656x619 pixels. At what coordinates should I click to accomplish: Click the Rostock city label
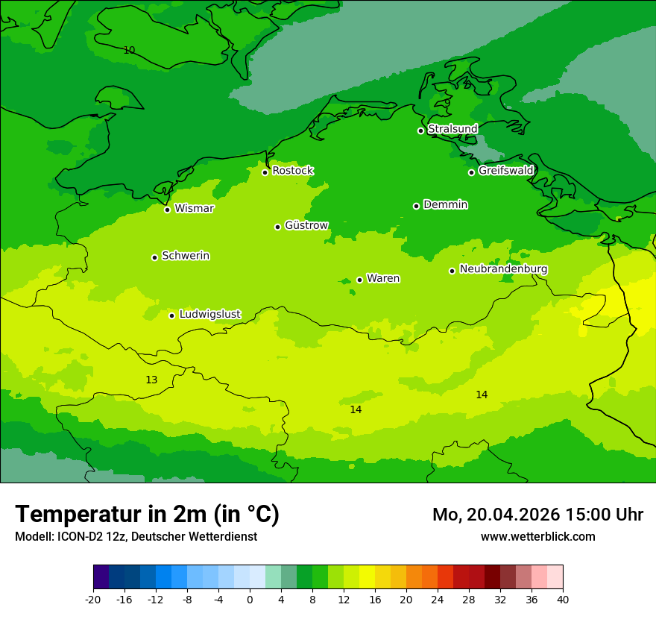point(292,171)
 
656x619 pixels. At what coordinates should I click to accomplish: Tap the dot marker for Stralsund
point(420,131)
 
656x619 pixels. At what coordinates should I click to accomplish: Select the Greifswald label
point(505,171)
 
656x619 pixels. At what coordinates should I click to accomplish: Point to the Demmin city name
point(445,204)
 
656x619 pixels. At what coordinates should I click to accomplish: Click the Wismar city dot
point(168,210)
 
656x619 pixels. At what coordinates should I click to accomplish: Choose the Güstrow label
point(306,225)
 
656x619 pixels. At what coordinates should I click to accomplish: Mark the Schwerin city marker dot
point(154,257)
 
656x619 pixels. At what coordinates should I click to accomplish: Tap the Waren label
point(383,278)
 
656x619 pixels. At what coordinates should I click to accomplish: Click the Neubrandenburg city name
point(503,269)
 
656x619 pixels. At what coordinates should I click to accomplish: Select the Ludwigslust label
point(209,314)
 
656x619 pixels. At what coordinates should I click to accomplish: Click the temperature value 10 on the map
point(129,50)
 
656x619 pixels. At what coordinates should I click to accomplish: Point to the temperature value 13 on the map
point(151,380)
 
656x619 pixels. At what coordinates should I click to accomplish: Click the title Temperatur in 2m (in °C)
point(147,514)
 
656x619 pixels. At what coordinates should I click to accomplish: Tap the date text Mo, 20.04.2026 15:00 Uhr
point(537,515)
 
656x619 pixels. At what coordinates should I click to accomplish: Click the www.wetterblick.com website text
point(537,536)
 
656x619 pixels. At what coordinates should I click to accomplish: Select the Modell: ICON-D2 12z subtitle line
point(136,536)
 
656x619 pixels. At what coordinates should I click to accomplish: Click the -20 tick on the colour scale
point(93,599)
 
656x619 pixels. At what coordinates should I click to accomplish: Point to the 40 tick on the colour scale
point(563,599)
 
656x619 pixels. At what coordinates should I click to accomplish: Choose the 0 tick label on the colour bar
point(250,599)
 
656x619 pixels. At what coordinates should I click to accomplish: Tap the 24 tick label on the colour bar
point(438,599)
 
